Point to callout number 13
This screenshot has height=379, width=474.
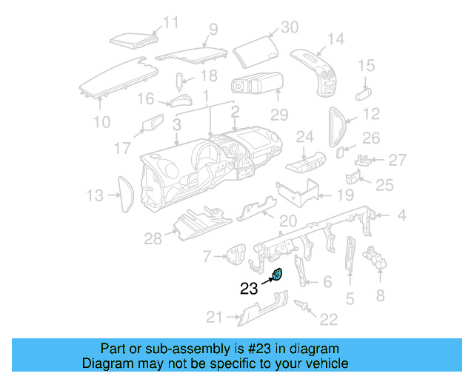[x=94, y=195]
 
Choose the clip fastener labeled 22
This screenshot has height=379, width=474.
[x=302, y=305]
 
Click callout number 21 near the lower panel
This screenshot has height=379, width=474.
[x=213, y=318]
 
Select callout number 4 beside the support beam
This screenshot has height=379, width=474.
[x=401, y=215]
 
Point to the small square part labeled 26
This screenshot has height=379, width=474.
[x=340, y=152]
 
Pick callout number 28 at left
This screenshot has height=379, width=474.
[x=153, y=238]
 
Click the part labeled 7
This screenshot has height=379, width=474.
[x=236, y=255]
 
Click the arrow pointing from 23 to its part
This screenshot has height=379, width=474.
[x=267, y=281]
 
